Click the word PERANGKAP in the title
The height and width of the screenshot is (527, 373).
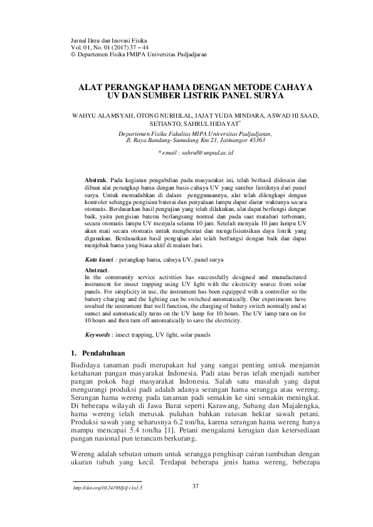point(139,88)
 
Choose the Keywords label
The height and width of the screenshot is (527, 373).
point(99,335)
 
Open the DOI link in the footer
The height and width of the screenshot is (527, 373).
point(108,488)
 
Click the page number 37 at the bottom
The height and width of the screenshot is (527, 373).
point(194,486)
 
